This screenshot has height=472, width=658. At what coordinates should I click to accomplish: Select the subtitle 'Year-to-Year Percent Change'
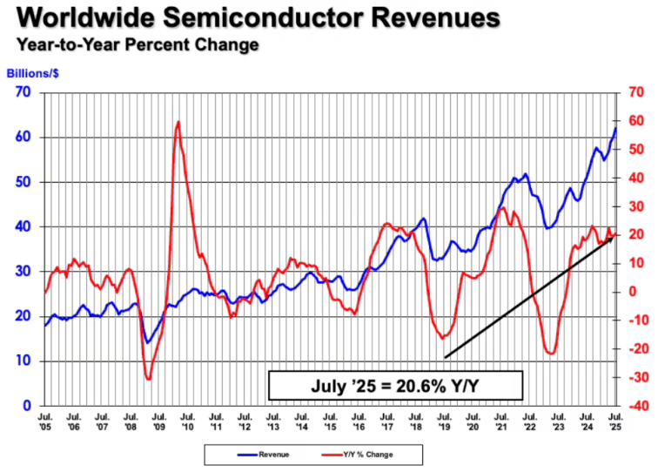click(135, 44)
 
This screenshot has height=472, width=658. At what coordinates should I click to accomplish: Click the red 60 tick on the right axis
click(635, 121)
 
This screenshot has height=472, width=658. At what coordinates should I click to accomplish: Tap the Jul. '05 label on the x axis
click(45, 422)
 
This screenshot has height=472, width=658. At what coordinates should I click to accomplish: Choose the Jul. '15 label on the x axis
click(330, 422)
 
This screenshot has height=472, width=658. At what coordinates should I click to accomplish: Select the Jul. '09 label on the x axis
click(159, 422)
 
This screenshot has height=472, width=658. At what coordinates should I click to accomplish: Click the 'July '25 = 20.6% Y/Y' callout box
click(395, 384)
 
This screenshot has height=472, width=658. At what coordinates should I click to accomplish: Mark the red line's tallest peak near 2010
click(178, 122)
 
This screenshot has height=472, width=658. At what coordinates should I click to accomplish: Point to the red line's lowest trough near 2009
click(148, 379)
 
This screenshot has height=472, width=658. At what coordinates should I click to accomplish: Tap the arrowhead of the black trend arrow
click(612, 235)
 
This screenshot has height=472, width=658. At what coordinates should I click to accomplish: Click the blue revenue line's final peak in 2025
click(615, 128)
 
